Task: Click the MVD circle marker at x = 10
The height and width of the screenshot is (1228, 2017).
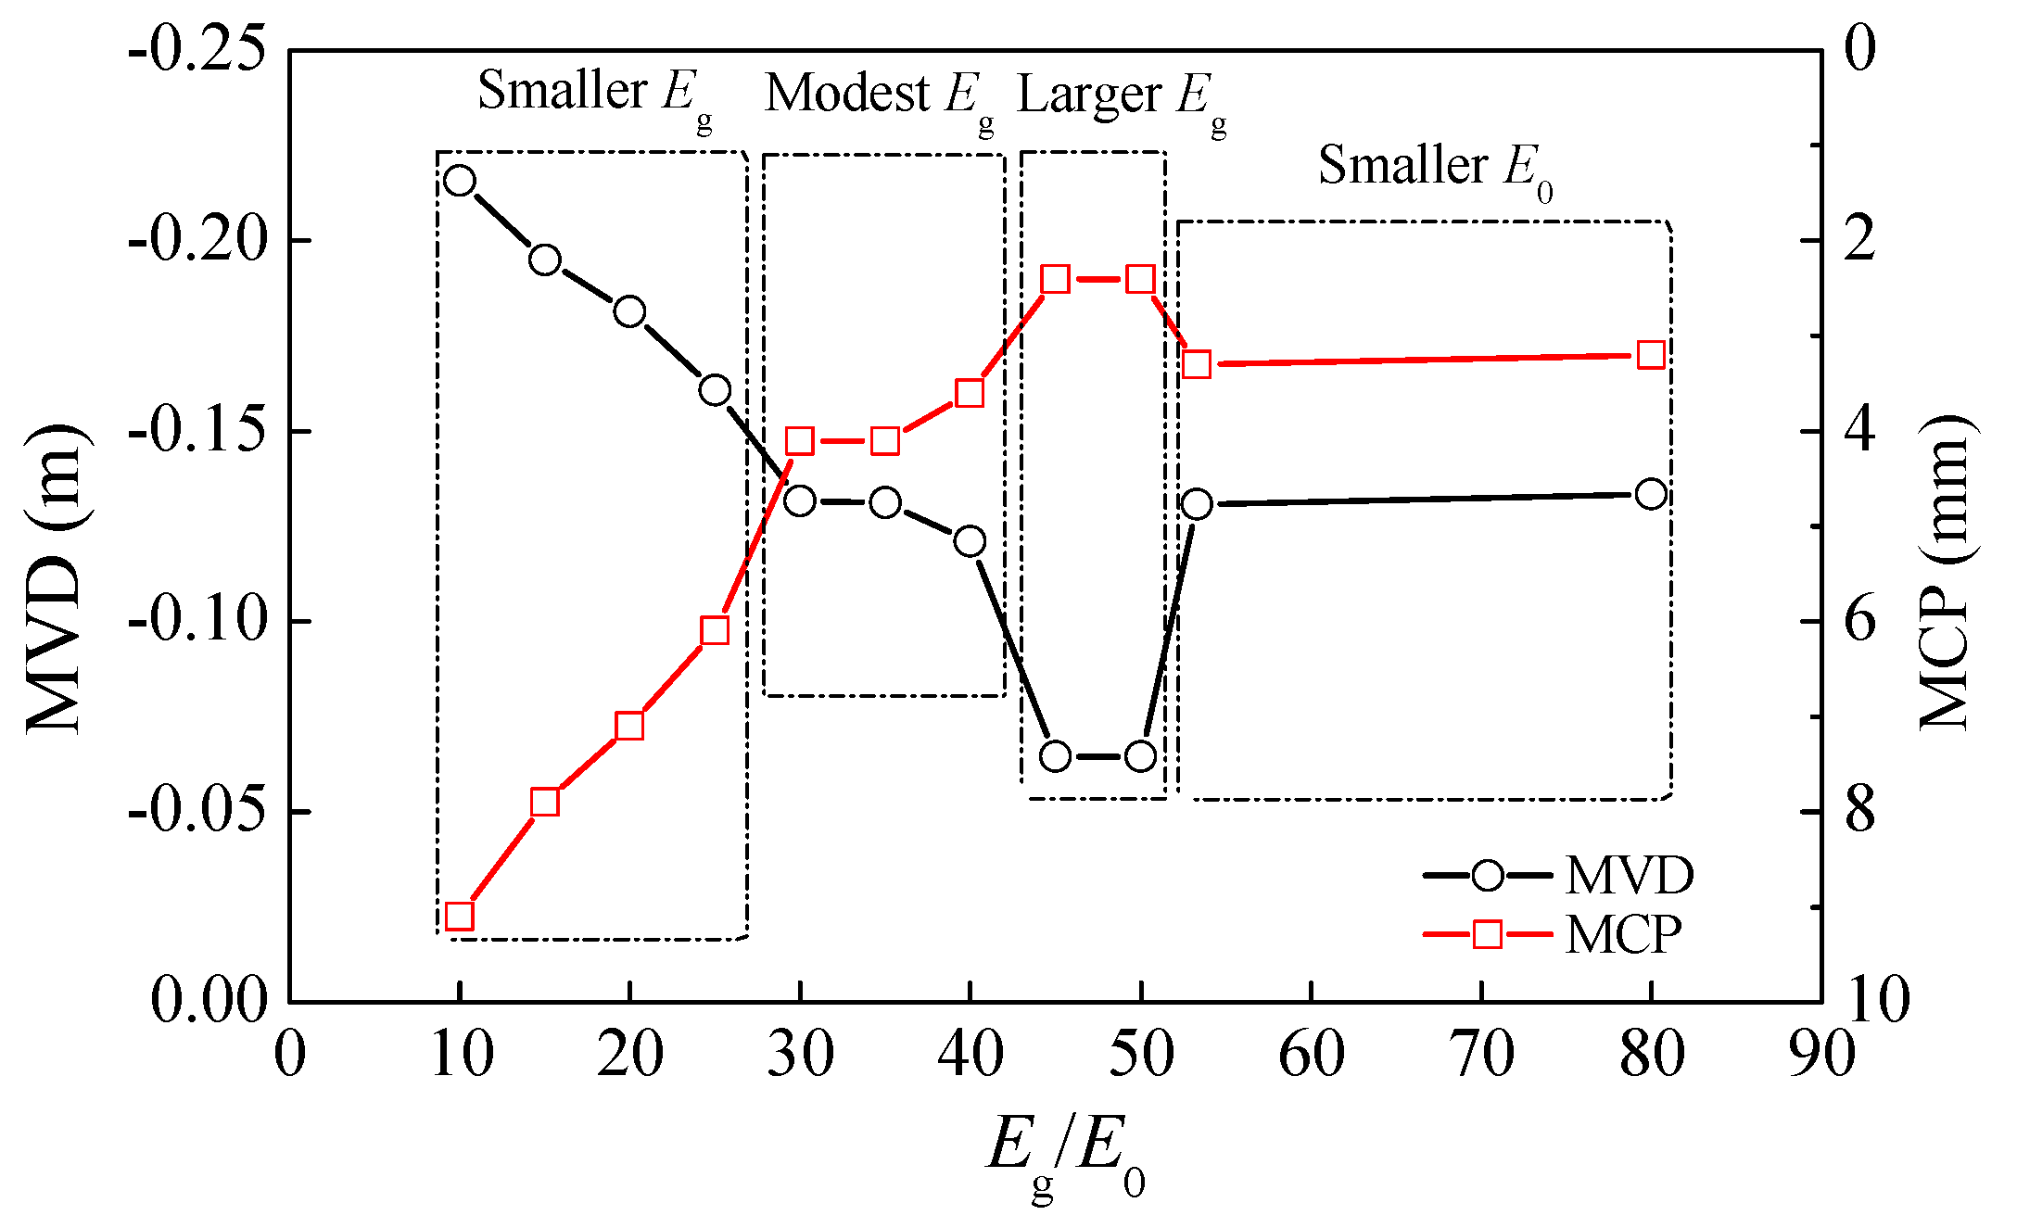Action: (x=460, y=181)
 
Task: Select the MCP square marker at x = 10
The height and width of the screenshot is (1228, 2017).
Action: (x=460, y=917)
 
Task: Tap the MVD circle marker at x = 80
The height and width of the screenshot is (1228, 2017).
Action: (x=1651, y=494)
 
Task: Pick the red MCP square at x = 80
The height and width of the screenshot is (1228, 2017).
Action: (x=1651, y=356)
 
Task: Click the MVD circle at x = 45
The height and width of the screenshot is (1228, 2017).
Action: (x=1055, y=756)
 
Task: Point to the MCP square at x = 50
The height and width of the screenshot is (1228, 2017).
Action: (x=1140, y=279)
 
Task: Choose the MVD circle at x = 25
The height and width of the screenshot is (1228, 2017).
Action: (x=715, y=390)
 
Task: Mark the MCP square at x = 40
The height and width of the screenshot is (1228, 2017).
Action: (x=970, y=394)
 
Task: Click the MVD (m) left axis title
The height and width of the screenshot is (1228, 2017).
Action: (x=56, y=579)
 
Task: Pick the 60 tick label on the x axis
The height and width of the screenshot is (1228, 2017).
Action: (x=1311, y=1055)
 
